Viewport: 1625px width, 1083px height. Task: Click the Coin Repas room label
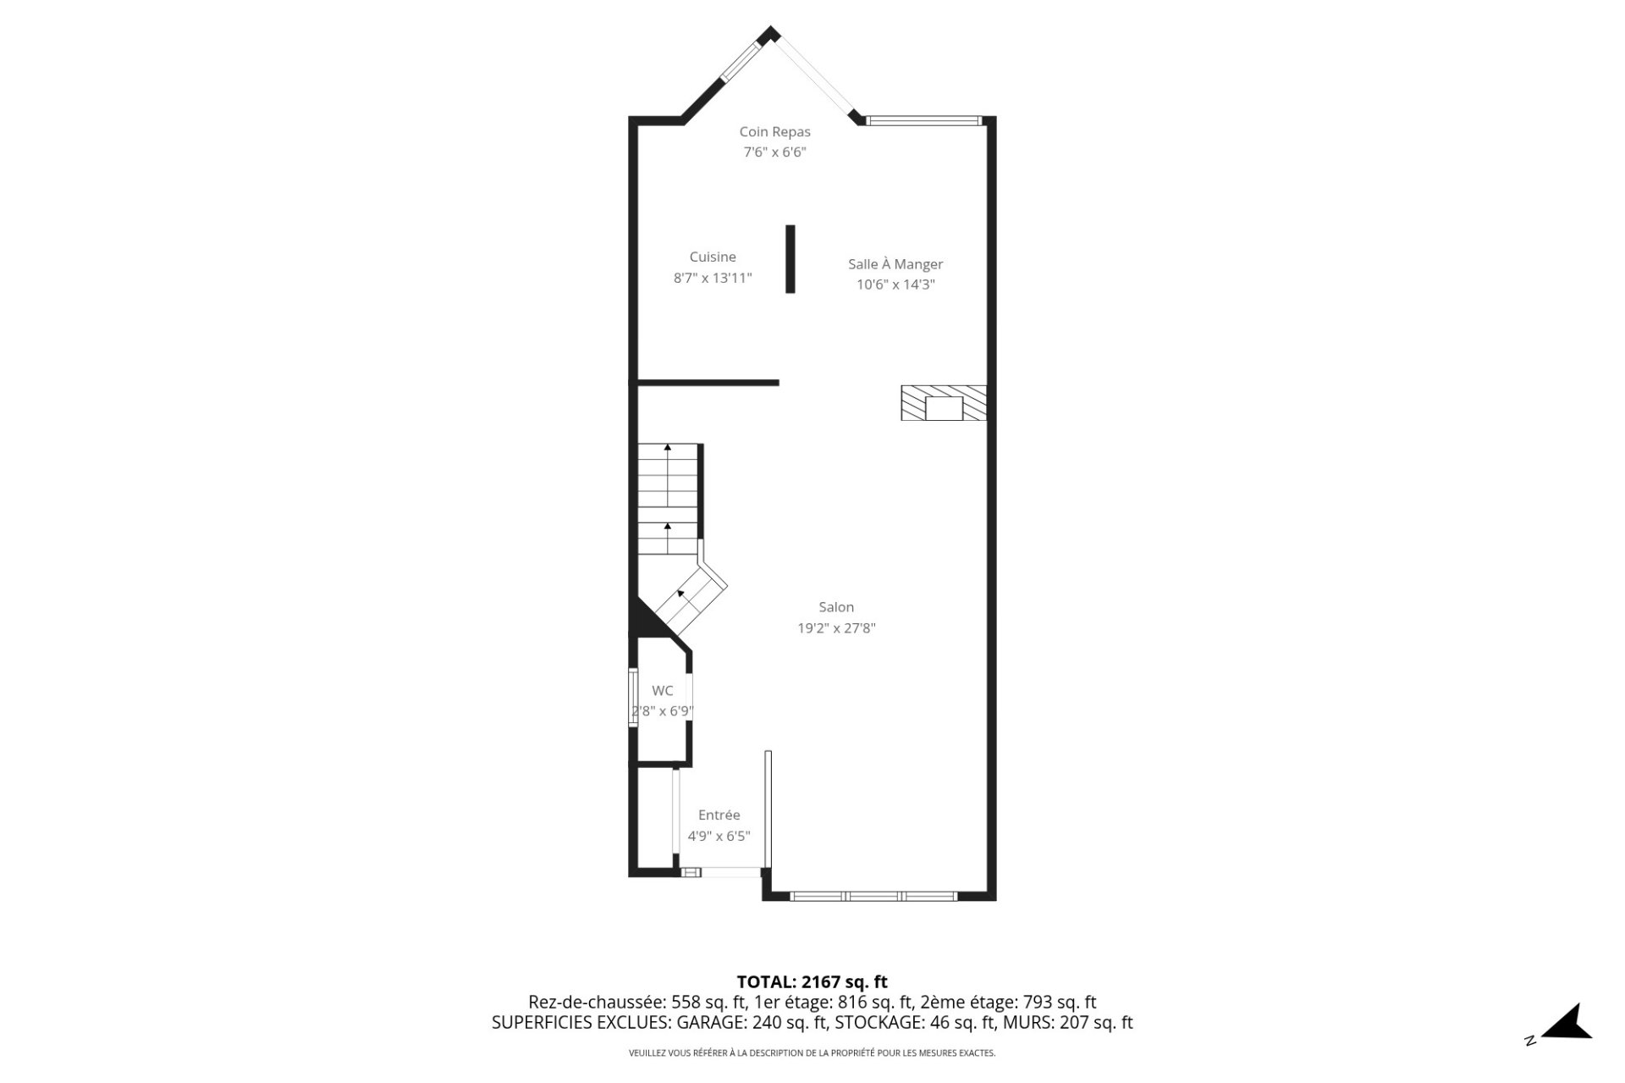click(774, 131)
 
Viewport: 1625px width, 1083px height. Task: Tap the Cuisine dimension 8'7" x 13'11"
click(713, 278)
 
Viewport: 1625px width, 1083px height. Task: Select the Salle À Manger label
click(895, 264)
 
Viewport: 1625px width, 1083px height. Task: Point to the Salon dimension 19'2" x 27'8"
click(836, 628)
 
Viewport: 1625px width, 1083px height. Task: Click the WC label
click(663, 691)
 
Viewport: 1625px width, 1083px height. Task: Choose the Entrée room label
click(719, 815)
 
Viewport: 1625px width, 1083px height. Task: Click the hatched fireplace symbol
click(944, 403)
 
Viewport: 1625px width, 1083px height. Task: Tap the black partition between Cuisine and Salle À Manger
click(790, 259)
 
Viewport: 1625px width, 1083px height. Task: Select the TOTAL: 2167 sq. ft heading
click(812, 982)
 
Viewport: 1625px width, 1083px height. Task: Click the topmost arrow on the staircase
click(668, 447)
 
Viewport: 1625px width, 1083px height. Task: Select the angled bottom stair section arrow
click(681, 594)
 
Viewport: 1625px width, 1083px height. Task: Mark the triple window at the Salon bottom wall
click(873, 896)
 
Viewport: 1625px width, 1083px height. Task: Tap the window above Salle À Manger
click(923, 121)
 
